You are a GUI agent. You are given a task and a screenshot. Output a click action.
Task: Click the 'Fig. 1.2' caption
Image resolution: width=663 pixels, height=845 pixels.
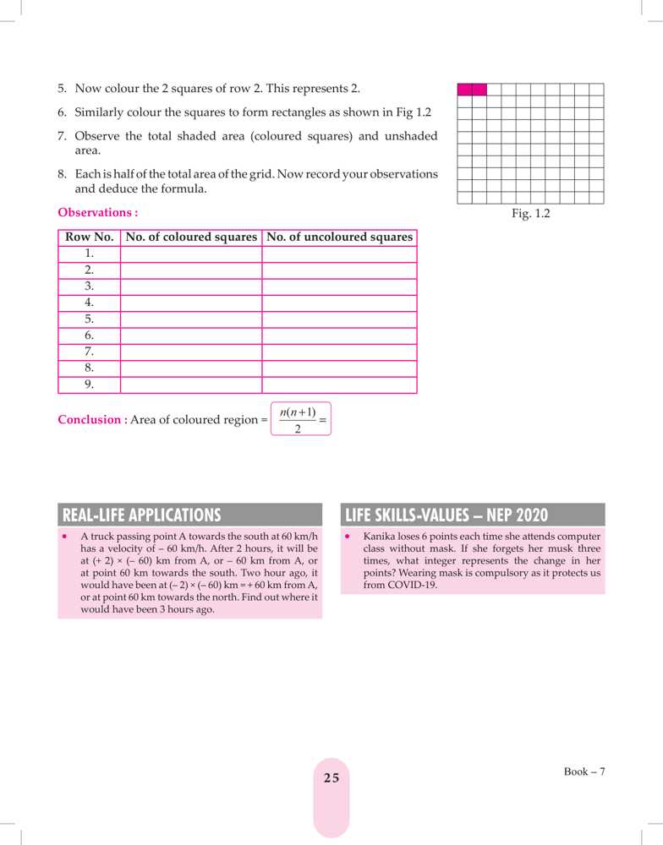point(530,214)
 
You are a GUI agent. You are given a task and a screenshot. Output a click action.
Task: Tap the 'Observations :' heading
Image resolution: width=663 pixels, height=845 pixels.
point(97,212)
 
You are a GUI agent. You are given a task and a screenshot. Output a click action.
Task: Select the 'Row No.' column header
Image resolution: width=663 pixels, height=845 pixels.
point(89,237)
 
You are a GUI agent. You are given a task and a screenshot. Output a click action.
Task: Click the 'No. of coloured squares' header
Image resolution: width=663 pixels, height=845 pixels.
point(191,237)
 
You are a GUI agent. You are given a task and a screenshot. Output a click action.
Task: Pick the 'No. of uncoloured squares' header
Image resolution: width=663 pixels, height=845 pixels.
point(339,237)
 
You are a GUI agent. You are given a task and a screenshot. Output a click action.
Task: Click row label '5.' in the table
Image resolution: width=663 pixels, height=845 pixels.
point(89,319)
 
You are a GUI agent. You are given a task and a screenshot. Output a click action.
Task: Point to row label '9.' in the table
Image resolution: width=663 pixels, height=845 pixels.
point(89,384)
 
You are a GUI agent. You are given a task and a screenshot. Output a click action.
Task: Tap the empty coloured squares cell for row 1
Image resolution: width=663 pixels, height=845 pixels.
point(191,253)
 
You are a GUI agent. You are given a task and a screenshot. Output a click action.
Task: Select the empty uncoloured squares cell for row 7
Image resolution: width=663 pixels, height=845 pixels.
point(339,352)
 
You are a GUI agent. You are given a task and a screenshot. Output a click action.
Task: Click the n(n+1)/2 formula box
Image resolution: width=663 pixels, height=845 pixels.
point(300,419)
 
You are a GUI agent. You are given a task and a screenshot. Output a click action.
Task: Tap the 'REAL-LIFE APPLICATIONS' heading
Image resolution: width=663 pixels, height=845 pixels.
point(141,515)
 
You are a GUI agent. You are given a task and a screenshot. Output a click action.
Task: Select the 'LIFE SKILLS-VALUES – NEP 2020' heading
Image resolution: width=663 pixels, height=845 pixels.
point(447,515)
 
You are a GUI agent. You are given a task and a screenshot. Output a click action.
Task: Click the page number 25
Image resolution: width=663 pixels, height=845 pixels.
point(331,777)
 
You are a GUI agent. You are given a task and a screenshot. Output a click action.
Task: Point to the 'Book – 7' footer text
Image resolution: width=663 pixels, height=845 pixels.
point(585,771)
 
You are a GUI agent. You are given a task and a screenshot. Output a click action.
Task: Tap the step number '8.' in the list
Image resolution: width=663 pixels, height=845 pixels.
point(63,173)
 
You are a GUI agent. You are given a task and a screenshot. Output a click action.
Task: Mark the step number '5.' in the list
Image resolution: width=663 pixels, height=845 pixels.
point(63,88)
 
